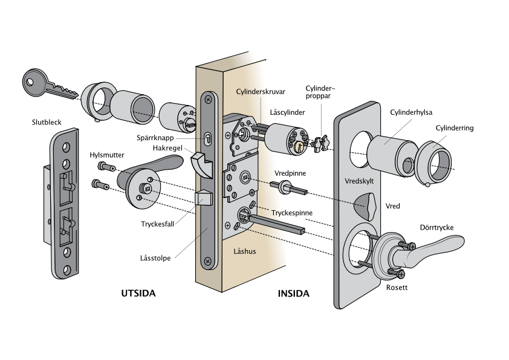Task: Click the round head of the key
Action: (x=34, y=82)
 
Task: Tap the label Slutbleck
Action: (x=47, y=122)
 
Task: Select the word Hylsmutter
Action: (x=107, y=155)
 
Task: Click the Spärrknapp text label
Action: (x=155, y=138)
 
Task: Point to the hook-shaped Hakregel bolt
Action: (x=201, y=164)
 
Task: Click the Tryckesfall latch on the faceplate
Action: (x=203, y=197)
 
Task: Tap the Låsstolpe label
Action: (x=155, y=258)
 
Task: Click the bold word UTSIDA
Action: (x=138, y=294)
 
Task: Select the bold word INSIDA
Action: (x=293, y=294)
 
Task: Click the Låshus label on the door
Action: (x=245, y=251)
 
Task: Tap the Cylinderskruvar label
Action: (x=261, y=92)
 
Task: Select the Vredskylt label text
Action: (x=359, y=181)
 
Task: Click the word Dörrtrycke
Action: (x=436, y=228)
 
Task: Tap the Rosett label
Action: (x=397, y=288)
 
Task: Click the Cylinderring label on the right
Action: (x=455, y=128)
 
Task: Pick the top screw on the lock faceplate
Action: (x=208, y=98)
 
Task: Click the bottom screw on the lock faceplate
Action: (x=207, y=262)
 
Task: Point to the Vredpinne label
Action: (x=290, y=173)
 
